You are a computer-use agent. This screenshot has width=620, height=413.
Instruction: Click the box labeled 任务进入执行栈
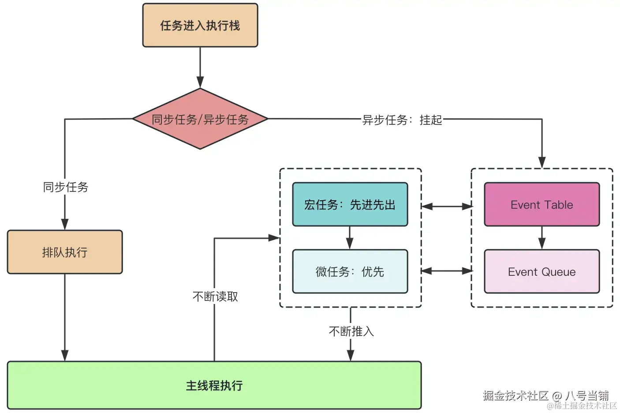(200, 26)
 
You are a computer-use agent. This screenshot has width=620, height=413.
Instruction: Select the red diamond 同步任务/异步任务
(200, 119)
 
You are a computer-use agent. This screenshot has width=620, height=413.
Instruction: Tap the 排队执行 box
(65, 252)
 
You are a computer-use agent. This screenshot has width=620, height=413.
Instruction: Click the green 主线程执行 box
(214, 385)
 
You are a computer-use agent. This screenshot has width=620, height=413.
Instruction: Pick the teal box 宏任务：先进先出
(350, 205)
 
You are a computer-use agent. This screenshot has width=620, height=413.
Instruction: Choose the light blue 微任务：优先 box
(350, 271)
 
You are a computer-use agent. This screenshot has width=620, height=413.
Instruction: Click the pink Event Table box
(542, 205)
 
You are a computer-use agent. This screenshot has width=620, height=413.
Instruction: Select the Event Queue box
(542, 271)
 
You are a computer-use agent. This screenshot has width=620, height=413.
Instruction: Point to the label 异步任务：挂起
(402, 120)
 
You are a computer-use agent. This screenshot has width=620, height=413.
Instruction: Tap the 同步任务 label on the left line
(65, 187)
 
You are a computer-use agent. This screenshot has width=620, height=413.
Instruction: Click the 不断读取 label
(215, 297)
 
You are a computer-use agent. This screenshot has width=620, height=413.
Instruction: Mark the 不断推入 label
(351, 331)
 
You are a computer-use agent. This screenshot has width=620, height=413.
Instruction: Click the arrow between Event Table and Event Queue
(542, 238)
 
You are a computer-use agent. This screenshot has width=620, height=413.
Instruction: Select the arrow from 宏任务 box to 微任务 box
(350, 238)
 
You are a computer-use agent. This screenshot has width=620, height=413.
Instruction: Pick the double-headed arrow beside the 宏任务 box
(446, 206)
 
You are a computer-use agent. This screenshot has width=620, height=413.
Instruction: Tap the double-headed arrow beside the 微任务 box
(446, 271)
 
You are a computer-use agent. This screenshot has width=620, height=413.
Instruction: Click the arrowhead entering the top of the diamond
(200, 83)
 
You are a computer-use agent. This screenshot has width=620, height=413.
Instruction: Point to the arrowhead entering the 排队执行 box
(65, 224)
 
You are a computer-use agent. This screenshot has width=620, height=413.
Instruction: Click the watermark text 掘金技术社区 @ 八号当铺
(545, 395)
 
